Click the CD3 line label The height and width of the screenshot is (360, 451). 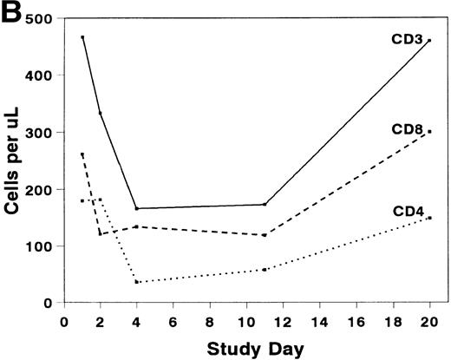click(x=409, y=40)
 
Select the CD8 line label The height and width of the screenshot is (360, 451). click(x=409, y=130)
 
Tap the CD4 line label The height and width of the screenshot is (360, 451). click(x=409, y=210)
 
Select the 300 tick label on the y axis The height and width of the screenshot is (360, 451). click(x=40, y=133)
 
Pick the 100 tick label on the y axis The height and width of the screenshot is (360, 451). click(x=40, y=246)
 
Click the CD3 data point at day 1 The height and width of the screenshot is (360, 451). click(x=82, y=37)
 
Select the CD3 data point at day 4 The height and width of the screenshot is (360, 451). click(x=137, y=208)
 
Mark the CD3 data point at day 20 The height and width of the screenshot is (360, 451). click(x=429, y=41)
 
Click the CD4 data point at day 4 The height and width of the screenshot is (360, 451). click(x=137, y=282)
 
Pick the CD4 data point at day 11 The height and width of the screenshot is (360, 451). click(x=265, y=270)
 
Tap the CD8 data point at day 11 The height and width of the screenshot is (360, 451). click(x=265, y=235)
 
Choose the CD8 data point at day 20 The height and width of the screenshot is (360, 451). click(x=429, y=132)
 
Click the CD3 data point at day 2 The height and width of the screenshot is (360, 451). click(x=101, y=113)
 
